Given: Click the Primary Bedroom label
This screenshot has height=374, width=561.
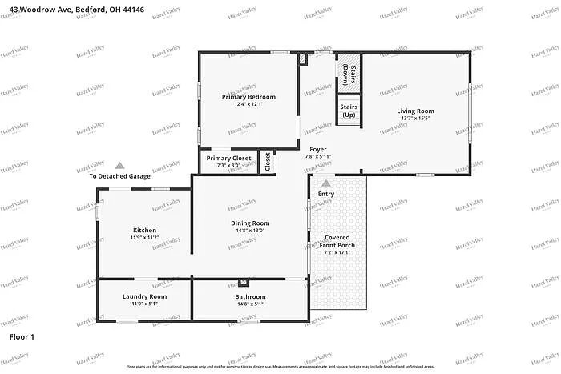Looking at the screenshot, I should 248,97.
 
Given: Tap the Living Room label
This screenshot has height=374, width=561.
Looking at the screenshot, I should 415,111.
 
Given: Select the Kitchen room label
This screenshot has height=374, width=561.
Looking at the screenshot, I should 144,231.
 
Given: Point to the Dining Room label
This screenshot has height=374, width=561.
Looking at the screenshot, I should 250,223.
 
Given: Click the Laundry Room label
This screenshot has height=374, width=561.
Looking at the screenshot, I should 144,297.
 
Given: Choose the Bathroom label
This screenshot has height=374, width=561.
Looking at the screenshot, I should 250,297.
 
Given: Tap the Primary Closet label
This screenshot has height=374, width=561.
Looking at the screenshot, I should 228,159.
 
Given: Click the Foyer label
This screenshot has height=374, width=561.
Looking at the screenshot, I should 317,149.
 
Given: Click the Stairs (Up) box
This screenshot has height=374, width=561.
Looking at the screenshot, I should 349,111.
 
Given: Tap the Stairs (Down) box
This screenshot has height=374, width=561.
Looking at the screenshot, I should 349,74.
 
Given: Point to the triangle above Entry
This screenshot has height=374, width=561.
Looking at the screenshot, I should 325,183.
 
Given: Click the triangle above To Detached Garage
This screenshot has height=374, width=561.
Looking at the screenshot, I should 119,165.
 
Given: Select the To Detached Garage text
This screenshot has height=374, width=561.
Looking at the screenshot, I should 119,176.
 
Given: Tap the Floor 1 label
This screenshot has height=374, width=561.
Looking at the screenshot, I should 22,337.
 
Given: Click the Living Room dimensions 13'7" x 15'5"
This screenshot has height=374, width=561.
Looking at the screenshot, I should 415,119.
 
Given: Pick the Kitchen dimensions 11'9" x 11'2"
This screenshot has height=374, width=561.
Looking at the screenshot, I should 144,238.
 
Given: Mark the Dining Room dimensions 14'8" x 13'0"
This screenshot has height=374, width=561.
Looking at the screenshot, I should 250,231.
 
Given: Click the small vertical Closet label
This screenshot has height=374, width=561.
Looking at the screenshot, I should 268,161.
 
